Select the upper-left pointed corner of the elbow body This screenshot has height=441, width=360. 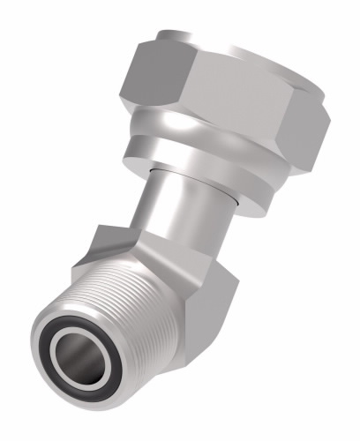(x=99, y=231)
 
